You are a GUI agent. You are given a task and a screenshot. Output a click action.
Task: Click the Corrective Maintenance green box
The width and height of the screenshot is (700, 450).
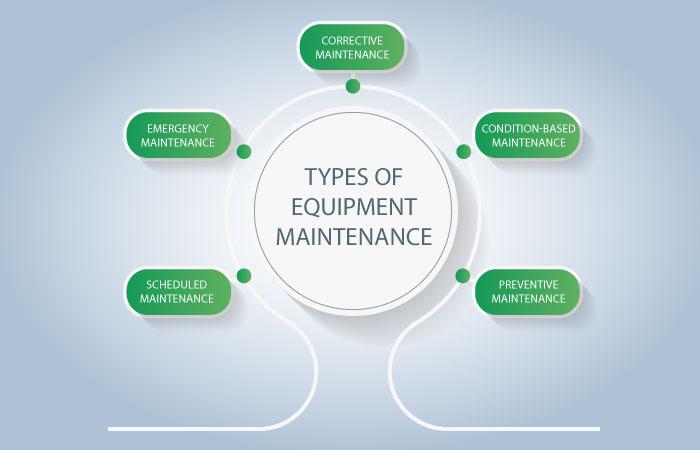[x=352, y=47]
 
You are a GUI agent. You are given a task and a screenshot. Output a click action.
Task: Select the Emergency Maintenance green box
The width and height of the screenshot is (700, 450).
[x=178, y=135]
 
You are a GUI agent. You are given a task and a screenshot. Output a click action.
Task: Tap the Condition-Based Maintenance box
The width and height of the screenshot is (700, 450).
[x=528, y=135]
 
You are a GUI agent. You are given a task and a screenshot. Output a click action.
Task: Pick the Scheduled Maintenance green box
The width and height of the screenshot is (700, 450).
[x=178, y=291]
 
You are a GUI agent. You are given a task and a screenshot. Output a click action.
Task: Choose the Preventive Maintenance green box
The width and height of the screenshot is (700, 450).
[x=528, y=291]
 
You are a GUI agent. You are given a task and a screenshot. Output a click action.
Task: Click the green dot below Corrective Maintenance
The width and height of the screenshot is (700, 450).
[x=353, y=86]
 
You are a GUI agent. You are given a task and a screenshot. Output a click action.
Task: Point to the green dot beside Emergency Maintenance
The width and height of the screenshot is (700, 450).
[x=244, y=151]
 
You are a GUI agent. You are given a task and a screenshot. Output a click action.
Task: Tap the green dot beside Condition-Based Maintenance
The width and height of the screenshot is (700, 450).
[x=464, y=151]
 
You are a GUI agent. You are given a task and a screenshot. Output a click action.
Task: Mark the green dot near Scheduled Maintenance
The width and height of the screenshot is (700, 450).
[x=244, y=275]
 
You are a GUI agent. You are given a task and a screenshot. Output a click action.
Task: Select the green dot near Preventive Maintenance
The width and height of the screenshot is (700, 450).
[x=463, y=275]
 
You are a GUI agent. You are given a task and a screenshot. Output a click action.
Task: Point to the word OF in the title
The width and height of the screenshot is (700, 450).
[x=388, y=177]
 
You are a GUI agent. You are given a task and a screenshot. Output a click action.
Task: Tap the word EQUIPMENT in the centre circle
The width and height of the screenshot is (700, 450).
[x=354, y=207]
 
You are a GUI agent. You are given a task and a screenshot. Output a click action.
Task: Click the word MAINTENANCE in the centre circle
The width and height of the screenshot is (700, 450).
[x=354, y=237]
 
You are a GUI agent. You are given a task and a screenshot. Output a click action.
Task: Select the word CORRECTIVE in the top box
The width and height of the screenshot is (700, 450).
[x=352, y=41]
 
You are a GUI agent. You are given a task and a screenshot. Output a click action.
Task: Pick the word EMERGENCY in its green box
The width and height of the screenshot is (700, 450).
[x=178, y=129]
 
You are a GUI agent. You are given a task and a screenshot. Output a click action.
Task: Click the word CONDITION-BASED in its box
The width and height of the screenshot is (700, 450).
[x=528, y=129]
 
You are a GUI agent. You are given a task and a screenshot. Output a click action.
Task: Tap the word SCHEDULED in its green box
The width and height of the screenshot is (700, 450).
[x=177, y=284]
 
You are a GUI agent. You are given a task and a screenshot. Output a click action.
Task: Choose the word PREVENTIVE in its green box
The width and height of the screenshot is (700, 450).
[x=528, y=284]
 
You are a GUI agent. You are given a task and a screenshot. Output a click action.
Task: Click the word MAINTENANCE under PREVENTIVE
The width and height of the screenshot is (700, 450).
[x=528, y=298]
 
